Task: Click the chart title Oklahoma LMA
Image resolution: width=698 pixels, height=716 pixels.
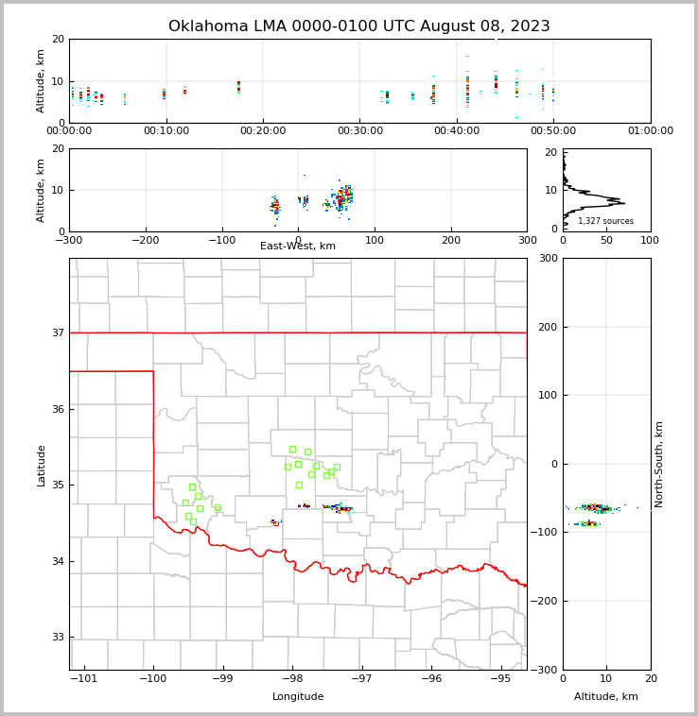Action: [x=358, y=26]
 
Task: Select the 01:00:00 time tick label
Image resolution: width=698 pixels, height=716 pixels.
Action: [x=651, y=131]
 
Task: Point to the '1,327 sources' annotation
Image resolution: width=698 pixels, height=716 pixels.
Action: [x=605, y=221]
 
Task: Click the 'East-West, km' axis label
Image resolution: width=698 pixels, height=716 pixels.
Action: [x=298, y=247]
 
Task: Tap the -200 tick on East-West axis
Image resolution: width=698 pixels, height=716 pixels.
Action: [x=145, y=240]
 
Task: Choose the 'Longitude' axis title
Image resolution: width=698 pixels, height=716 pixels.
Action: [x=298, y=697]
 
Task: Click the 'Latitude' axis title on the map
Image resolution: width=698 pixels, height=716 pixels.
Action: [x=41, y=465]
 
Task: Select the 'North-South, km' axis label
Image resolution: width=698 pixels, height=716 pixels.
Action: [x=660, y=464]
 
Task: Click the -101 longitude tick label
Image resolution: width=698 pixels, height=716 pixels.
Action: [x=84, y=679]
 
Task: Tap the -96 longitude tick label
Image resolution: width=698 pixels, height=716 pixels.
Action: [x=431, y=679]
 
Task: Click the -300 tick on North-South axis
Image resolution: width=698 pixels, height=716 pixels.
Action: [x=548, y=670]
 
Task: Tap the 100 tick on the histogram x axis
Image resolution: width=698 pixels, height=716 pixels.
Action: [x=651, y=240]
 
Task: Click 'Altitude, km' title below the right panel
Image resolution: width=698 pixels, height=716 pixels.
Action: [x=606, y=697]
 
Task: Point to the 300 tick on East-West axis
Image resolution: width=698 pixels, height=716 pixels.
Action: [x=527, y=240]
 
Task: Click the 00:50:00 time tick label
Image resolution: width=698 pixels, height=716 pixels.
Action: [x=553, y=131]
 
